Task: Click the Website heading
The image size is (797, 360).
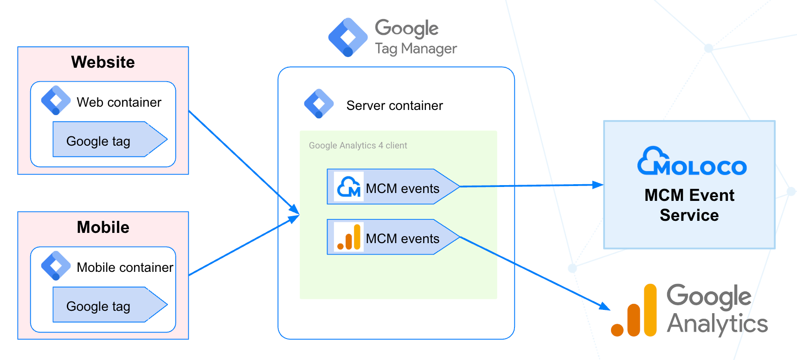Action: click(x=103, y=62)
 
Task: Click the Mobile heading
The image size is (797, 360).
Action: click(x=103, y=227)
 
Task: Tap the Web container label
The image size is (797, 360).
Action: click(x=119, y=102)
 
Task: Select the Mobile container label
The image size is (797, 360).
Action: click(x=125, y=267)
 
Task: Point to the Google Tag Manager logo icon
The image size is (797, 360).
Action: click(x=348, y=38)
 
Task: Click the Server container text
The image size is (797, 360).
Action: click(x=394, y=106)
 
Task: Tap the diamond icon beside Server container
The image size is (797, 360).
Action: click(x=319, y=103)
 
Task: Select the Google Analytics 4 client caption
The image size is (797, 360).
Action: click(x=358, y=146)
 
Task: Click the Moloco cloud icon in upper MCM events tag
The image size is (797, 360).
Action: click(x=349, y=186)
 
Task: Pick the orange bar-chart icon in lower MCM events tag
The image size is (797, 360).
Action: click(x=349, y=237)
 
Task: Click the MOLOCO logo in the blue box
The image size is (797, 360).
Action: click(x=692, y=162)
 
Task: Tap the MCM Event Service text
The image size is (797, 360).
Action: click(x=689, y=205)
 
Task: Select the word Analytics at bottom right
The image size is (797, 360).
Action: click(x=717, y=324)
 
